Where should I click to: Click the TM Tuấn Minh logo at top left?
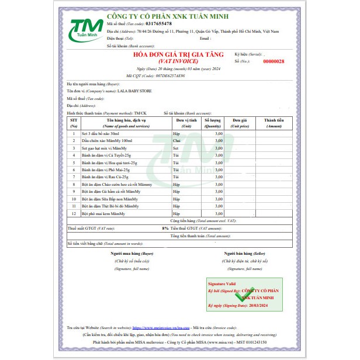[86, 30]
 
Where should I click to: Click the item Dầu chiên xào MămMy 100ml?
[101, 141]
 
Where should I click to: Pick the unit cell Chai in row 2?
[176, 141]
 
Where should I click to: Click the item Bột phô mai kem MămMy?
[105, 213]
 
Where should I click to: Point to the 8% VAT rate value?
[165, 227]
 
